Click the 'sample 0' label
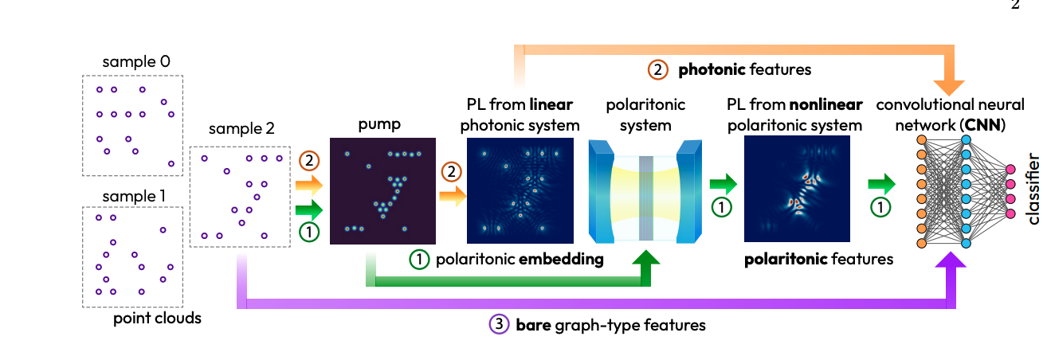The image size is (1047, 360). [136, 61]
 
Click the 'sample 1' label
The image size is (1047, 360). [136, 194]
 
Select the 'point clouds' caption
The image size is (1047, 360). [157, 319]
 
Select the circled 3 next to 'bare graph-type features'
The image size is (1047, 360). [499, 324]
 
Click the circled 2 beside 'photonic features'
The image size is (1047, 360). [659, 69]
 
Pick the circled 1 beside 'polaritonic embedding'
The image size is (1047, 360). [421, 260]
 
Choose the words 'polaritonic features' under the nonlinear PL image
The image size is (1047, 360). [818, 259]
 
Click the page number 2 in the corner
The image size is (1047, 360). [1015, 6]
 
